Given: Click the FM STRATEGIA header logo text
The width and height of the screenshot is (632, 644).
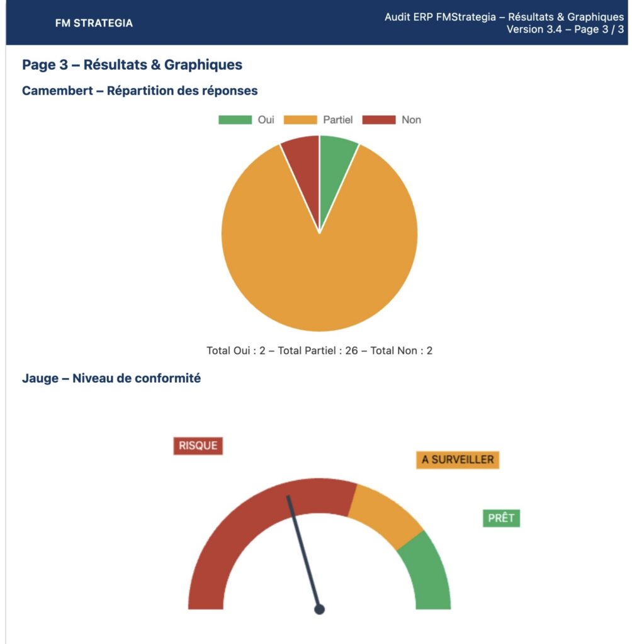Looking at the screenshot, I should [94, 23].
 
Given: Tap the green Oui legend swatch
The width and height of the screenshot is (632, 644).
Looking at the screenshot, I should [235, 119].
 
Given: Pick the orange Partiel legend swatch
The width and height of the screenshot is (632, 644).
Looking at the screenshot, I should [300, 119].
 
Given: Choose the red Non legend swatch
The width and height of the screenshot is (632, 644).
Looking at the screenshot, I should [379, 119].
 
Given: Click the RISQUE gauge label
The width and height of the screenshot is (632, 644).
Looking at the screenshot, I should [198, 445].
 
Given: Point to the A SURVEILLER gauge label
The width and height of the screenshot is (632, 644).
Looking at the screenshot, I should [458, 460].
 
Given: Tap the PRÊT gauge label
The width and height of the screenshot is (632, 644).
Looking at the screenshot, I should [501, 518].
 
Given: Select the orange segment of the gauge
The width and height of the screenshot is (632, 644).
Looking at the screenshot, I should [385, 512].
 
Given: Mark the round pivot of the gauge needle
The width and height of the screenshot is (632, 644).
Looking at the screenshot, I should [319, 609].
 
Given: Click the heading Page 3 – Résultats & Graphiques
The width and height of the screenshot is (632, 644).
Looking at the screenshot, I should [132, 64].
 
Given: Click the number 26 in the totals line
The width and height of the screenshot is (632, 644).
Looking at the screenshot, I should [351, 350].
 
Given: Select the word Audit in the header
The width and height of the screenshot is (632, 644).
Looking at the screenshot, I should [398, 17].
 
